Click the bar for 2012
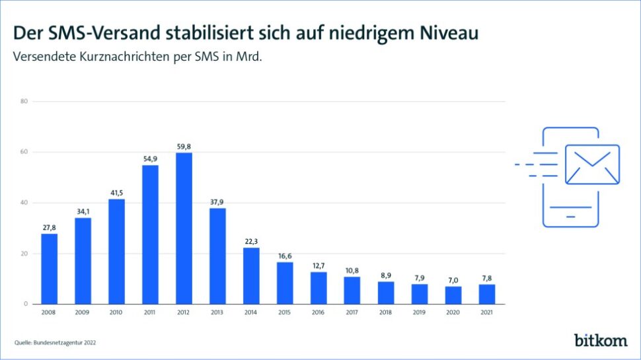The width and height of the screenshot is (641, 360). tap(184, 229)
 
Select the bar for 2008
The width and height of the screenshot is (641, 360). tap(50, 269)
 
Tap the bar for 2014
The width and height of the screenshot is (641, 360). tap(251, 275)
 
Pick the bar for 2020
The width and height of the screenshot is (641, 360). tap(453, 295)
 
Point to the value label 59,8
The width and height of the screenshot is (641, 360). tap(184, 147)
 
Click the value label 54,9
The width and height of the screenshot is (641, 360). tap(150, 159)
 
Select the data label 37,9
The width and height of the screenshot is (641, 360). tap(217, 202)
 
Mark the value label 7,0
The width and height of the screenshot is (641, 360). tap(453, 281)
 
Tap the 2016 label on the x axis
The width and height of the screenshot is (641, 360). tap(319, 312)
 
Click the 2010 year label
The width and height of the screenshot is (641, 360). tap(116, 312)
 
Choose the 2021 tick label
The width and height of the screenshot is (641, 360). tap(487, 312)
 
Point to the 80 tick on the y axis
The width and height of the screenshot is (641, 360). tap(24, 101)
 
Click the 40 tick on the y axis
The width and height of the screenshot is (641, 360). tap(24, 203)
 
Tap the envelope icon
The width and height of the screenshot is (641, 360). tap(593, 164)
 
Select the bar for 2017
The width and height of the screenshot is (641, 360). tap(352, 291)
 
